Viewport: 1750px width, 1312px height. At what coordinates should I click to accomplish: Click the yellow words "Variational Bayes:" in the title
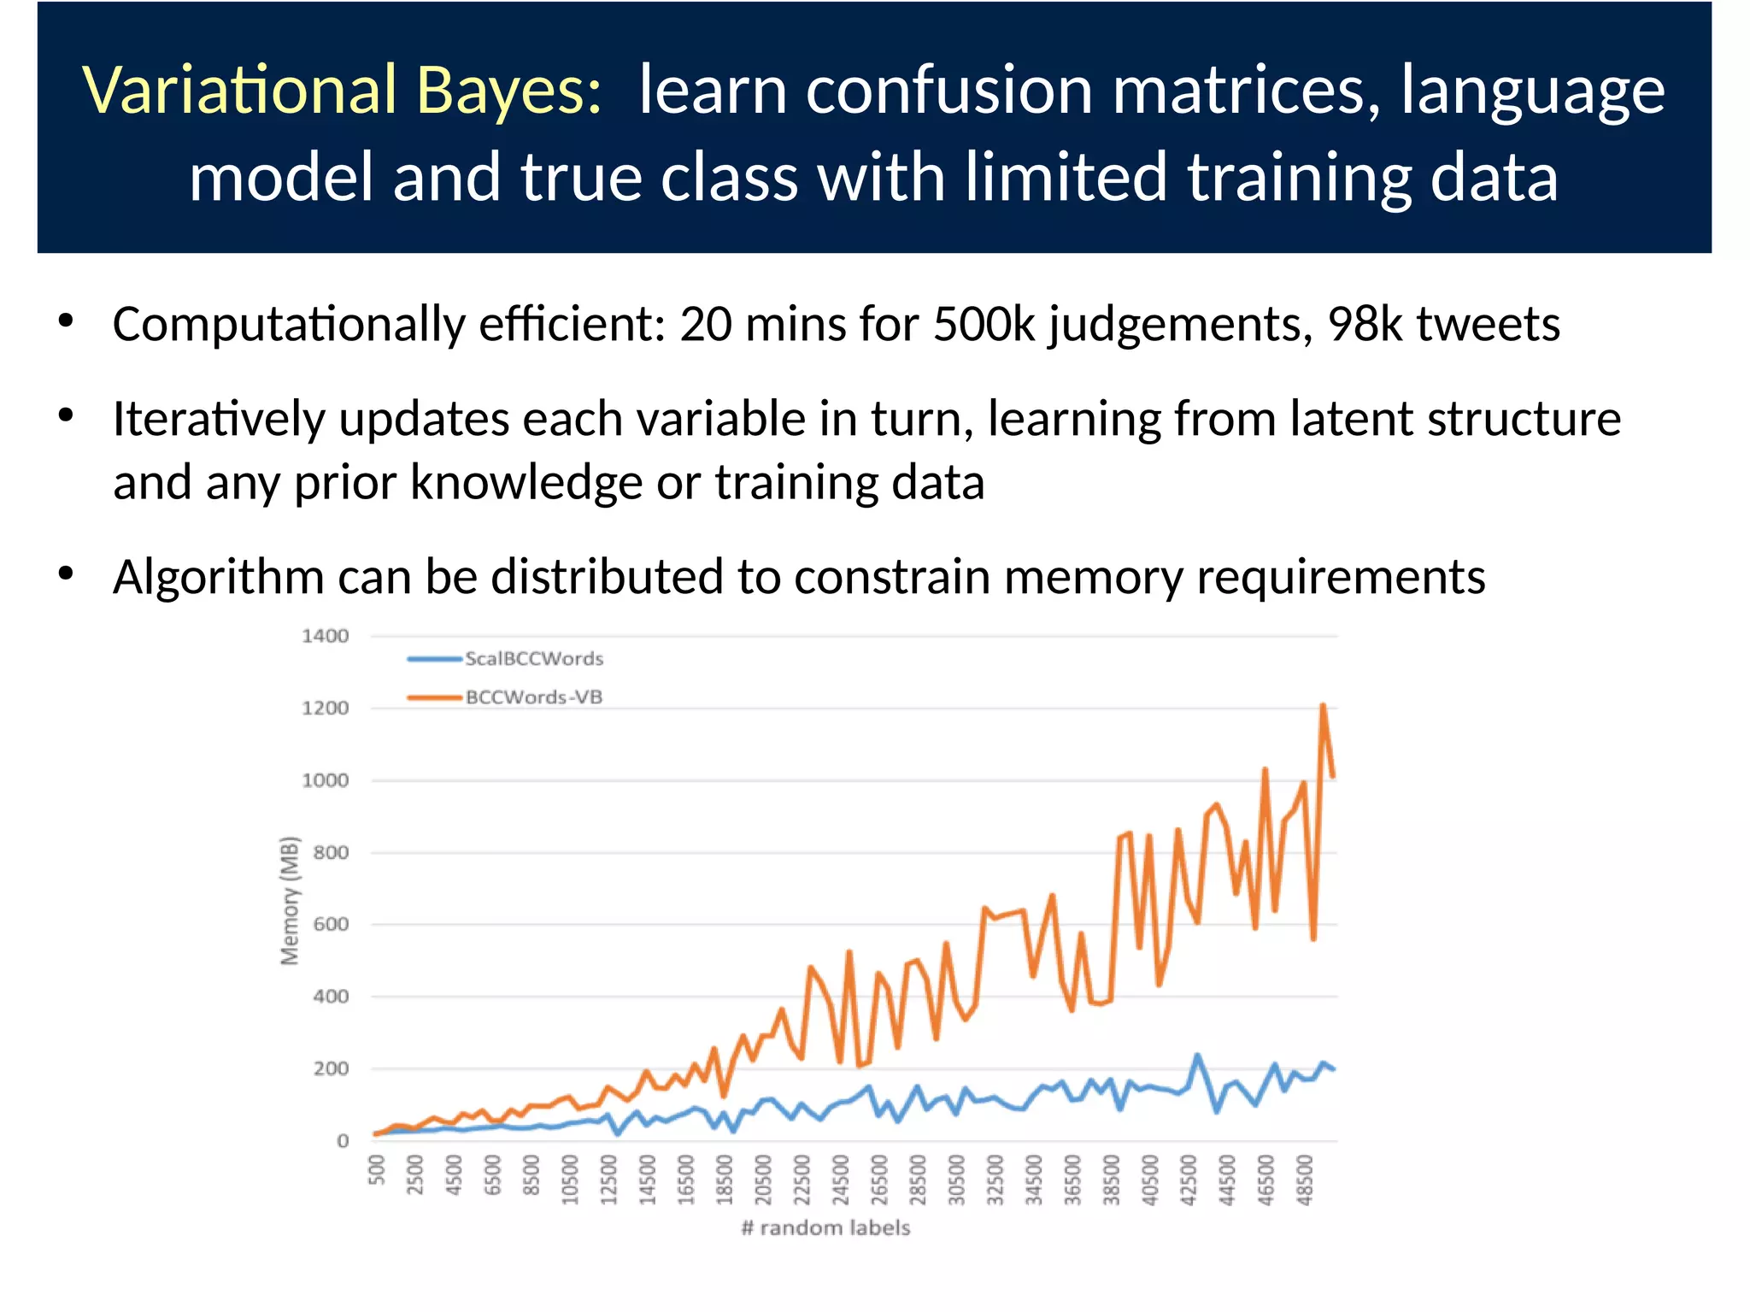[343, 91]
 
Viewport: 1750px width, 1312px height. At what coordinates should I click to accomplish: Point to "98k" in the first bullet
[1365, 325]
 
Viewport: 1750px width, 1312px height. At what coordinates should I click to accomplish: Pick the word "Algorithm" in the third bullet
[219, 577]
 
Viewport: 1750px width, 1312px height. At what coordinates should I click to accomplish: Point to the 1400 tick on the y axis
[326, 636]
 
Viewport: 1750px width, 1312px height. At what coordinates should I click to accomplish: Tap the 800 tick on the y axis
[331, 852]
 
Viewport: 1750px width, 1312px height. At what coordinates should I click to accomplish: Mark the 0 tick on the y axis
[343, 1141]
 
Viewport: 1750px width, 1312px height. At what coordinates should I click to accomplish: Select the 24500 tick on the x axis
[841, 1180]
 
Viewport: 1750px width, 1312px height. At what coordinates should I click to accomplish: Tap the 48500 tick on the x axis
[1304, 1180]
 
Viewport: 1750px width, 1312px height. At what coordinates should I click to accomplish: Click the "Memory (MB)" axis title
[291, 900]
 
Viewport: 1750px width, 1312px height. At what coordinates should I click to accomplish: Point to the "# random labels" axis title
[825, 1228]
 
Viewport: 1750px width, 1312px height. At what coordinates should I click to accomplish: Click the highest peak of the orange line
[1323, 706]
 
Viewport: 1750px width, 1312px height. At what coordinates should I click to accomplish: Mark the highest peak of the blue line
[1197, 1056]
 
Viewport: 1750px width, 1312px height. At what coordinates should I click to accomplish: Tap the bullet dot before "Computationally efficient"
[67, 322]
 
